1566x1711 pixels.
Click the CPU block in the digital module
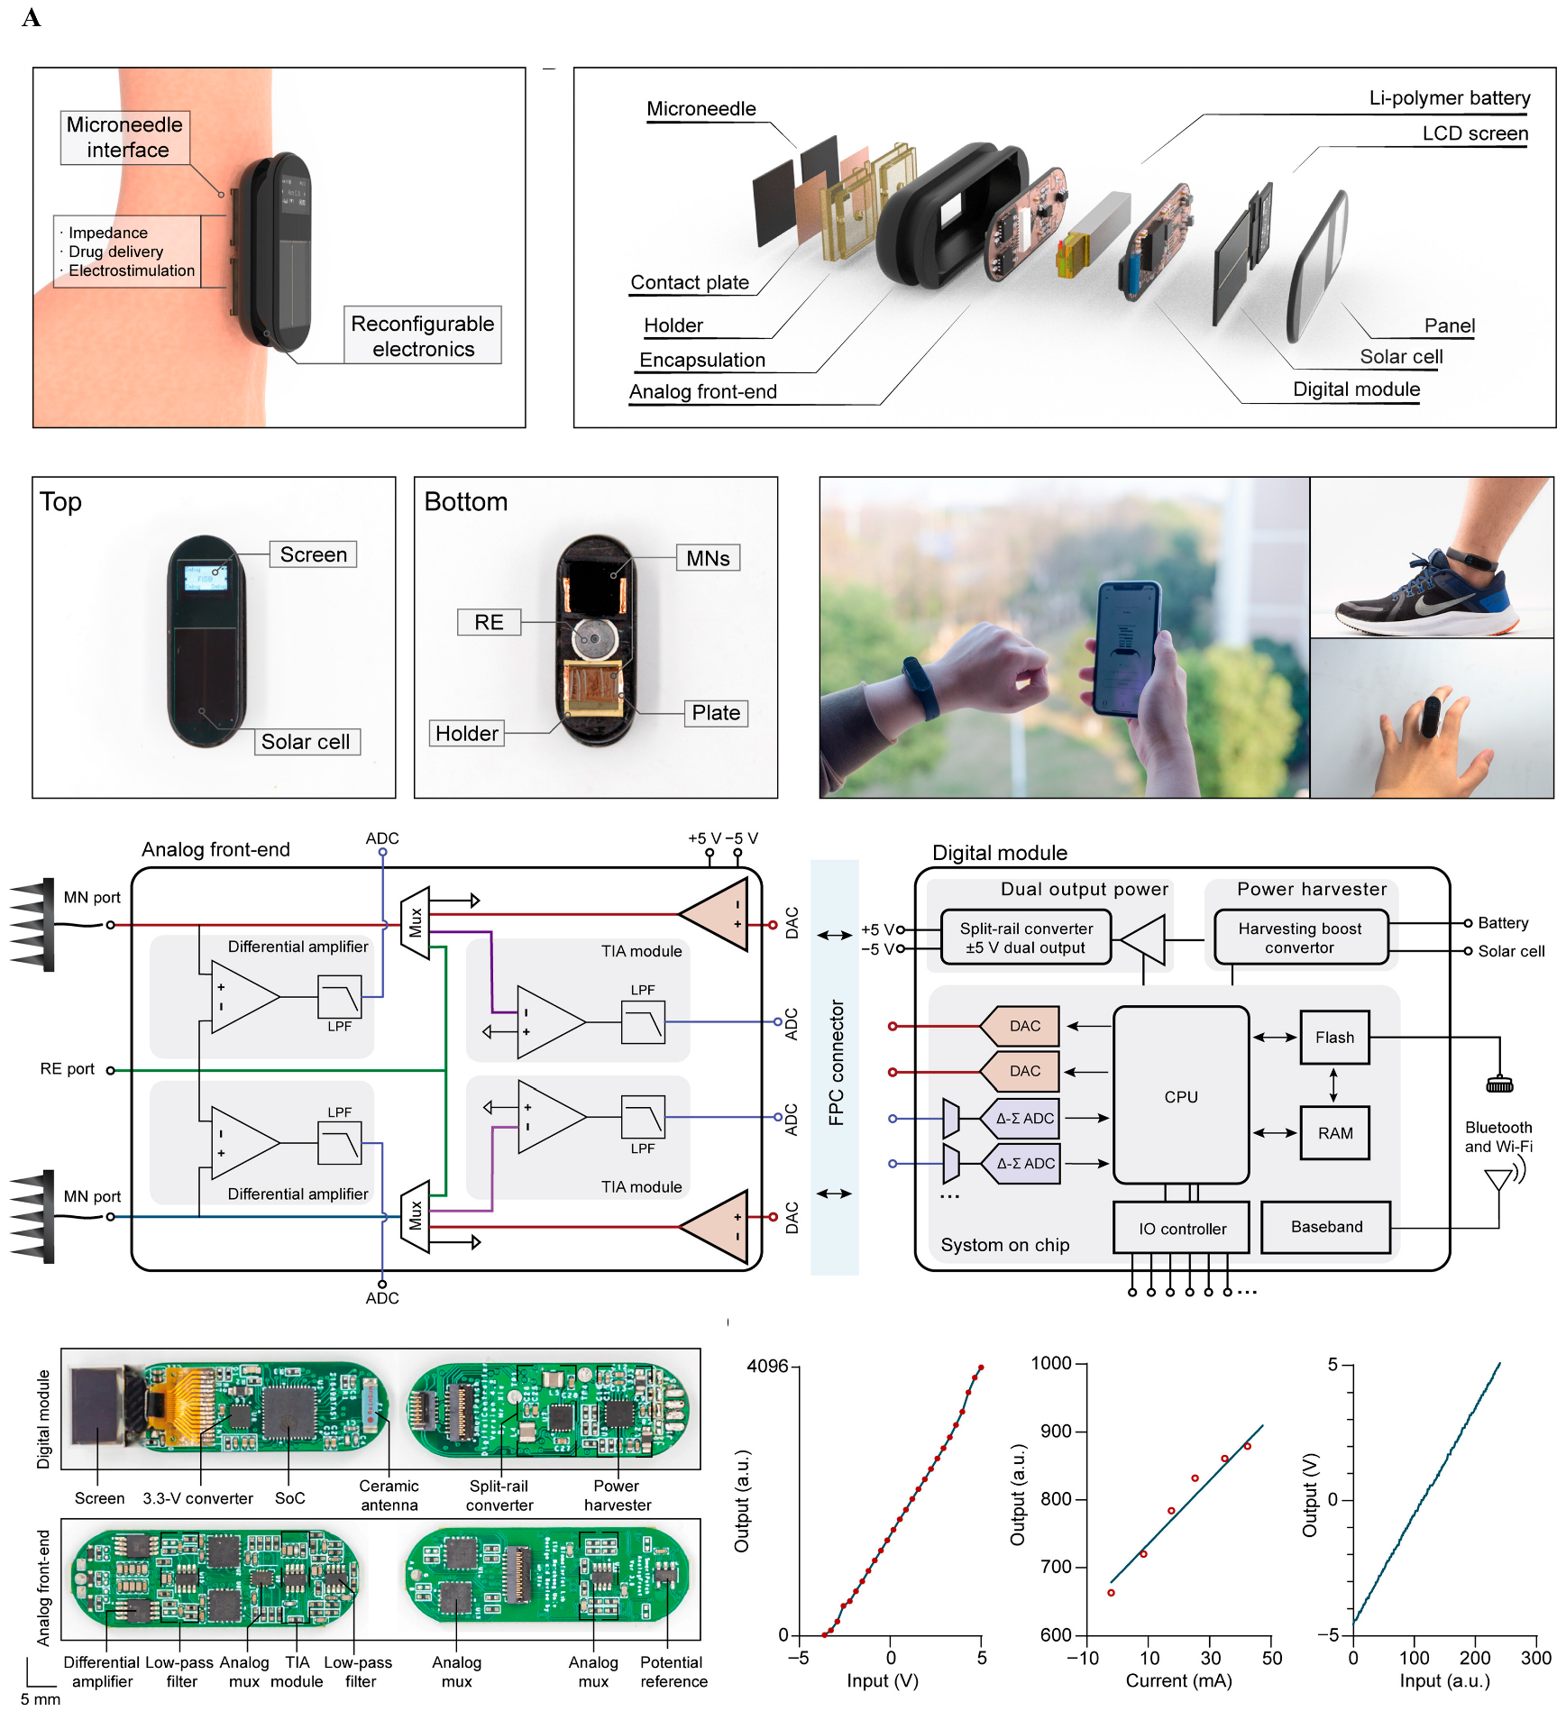click(x=1180, y=1095)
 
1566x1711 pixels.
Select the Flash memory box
click(x=1333, y=1037)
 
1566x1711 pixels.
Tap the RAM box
click(x=1334, y=1132)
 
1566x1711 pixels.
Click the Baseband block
click(x=1325, y=1226)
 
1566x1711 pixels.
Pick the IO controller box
click(x=1181, y=1228)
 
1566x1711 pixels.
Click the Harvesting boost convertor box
click(x=1299, y=938)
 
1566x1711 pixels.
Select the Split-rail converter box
click(x=1025, y=938)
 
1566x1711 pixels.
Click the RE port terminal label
click(x=68, y=1068)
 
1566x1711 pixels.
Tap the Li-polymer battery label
click(x=1449, y=97)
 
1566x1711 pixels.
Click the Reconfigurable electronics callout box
click(x=422, y=335)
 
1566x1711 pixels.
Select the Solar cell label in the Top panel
click(x=306, y=741)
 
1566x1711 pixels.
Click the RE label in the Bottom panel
click(x=489, y=622)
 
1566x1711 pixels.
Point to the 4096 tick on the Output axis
click(x=767, y=1366)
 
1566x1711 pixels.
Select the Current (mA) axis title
click(x=1177, y=1680)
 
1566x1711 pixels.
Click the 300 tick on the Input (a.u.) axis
click(x=1535, y=1657)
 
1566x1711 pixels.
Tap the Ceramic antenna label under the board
click(x=389, y=1495)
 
